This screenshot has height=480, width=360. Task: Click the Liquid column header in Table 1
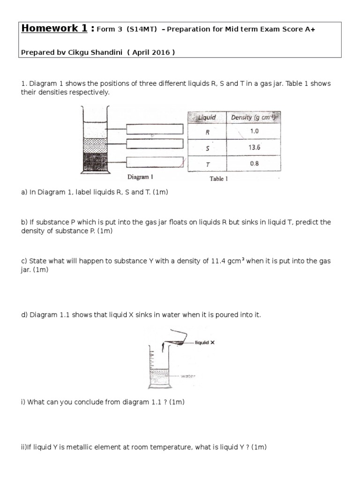tap(207, 117)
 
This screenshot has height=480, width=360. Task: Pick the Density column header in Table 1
tap(254, 117)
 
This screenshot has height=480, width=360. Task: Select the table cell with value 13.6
tap(254, 147)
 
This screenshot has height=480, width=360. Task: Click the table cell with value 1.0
tap(254, 131)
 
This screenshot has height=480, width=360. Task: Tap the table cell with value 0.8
tap(254, 164)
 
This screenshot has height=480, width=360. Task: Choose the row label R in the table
tap(207, 132)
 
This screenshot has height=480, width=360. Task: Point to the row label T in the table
tap(207, 164)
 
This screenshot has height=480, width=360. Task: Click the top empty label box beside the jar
tap(154, 129)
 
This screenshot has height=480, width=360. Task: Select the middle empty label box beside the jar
tap(154, 143)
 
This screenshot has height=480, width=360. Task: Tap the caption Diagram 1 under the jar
tap(140, 177)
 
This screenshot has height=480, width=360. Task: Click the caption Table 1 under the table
tap(218, 179)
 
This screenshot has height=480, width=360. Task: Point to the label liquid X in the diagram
tap(205, 343)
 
